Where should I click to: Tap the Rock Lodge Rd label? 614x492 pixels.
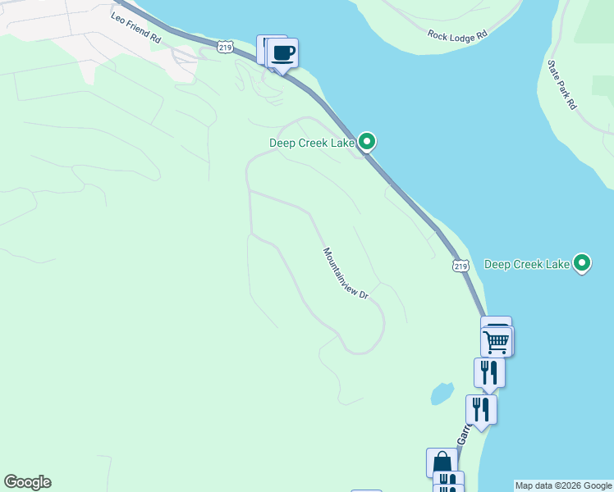click(457, 35)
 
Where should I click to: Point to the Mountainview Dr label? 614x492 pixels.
click(345, 274)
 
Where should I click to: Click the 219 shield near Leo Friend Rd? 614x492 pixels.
click(226, 48)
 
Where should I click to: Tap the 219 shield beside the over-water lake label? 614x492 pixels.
click(460, 266)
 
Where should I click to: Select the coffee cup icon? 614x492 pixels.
click(283, 53)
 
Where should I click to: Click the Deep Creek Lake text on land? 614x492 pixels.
click(312, 143)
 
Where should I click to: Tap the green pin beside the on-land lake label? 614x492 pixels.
click(368, 142)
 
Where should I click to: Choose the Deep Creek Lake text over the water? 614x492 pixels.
click(527, 264)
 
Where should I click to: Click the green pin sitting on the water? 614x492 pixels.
click(583, 262)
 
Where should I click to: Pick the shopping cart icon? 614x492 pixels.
click(496, 340)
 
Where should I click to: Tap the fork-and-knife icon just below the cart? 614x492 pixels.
click(489, 371)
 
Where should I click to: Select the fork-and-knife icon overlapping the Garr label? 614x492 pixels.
click(481, 409)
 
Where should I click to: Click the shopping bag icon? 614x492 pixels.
click(442, 462)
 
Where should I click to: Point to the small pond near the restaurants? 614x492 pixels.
click(442, 394)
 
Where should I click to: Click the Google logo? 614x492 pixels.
click(27, 482)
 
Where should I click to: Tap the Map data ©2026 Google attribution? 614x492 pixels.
click(563, 485)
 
